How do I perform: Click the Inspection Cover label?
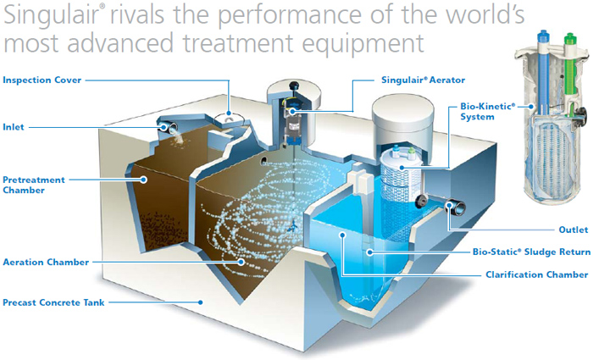tap(42, 80)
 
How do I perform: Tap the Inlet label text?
tap(14, 127)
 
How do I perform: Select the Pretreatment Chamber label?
tap(34, 185)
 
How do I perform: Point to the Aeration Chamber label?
tap(46, 262)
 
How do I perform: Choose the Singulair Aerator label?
tap(424, 80)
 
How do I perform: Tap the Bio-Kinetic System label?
tap(487, 111)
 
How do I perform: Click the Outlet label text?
tap(574, 230)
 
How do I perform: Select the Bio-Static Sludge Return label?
tap(531, 252)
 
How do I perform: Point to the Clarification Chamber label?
tap(537, 274)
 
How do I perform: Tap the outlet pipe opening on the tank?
tap(456, 207)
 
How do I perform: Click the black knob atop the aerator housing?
tap(294, 86)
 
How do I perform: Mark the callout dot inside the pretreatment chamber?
tap(143, 180)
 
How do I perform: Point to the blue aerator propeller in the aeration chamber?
tap(291, 227)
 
